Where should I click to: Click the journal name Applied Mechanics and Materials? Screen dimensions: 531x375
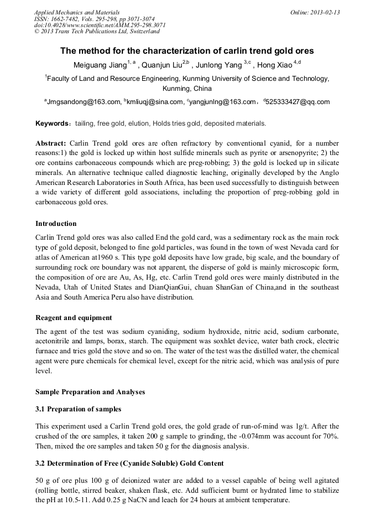pyautogui.click(x=76, y=12)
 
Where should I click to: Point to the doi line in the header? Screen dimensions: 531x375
pyautogui.click(x=100, y=25)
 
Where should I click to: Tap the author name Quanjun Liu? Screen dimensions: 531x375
pyautogui.click(x=162, y=65)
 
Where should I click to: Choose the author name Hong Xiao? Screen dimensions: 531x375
pyautogui.click(x=275, y=65)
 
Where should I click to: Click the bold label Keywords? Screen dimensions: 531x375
pyautogui.click(x=51, y=123)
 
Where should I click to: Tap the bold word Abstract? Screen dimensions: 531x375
pyautogui.click(x=51, y=143)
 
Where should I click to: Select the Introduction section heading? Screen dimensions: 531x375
pyautogui.click(x=56, y=224)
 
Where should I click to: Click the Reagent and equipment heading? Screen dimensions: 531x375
pyautogui.click(x=74, y=318)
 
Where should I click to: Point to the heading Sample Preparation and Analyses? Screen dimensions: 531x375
pyautogui.click(x=90, y=392)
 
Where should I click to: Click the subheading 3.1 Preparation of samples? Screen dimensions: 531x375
pyautogui.click(x=78, y=409)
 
